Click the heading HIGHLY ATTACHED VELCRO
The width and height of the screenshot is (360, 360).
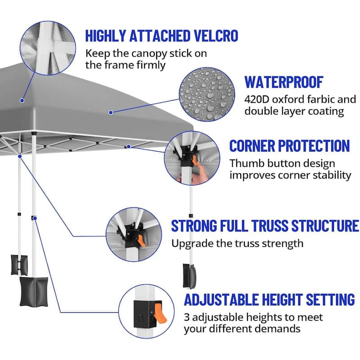[x=161, y=36]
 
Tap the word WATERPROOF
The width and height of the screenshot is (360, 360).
[x=284, y=82]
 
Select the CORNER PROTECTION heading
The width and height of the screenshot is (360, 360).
[x=289, y=146]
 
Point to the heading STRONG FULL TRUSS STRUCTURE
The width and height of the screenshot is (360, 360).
[x=265, y=225]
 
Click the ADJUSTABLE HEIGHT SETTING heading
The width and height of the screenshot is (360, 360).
[x=269, y=299]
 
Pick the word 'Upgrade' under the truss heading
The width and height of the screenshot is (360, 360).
[x=189, y=244]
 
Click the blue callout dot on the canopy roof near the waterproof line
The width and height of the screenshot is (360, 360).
[x=111, y=112]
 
